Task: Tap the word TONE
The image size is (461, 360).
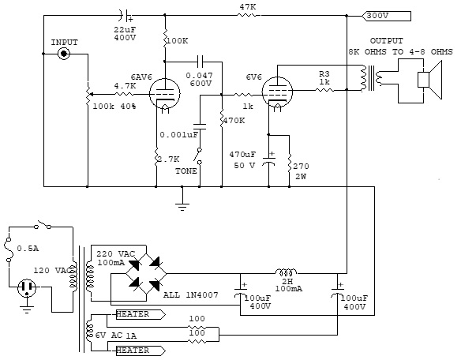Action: pyautogui.click(x=186, y=171)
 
